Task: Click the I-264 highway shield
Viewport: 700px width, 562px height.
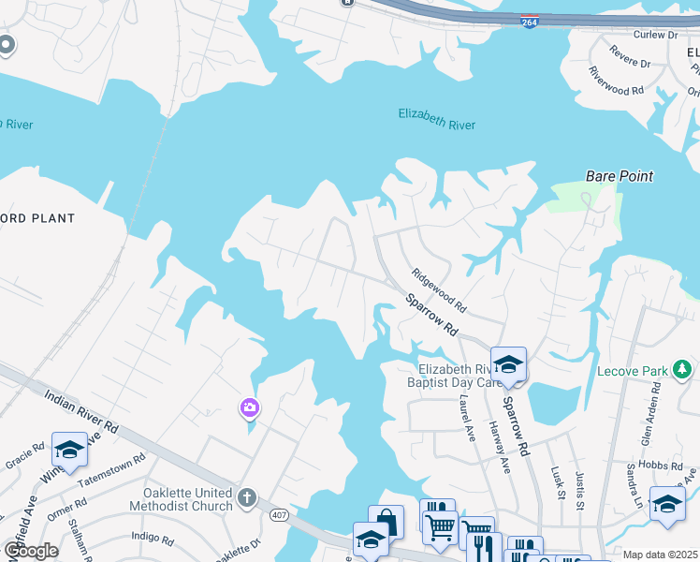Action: coord(530,22)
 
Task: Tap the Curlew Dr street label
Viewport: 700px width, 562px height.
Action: coord(655,35)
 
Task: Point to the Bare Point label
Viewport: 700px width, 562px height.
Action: coord(619,175)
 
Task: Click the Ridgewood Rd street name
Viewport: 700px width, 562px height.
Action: coord(440,291)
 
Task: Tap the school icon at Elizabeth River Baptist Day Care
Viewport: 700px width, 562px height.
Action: coord(508,363)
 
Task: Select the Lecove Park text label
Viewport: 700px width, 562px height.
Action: coord(634,371)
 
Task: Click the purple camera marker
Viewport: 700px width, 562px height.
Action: coord(249,407)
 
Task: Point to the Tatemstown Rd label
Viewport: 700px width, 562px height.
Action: coord(111,468)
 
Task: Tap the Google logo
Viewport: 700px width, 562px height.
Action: coord(30,551)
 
